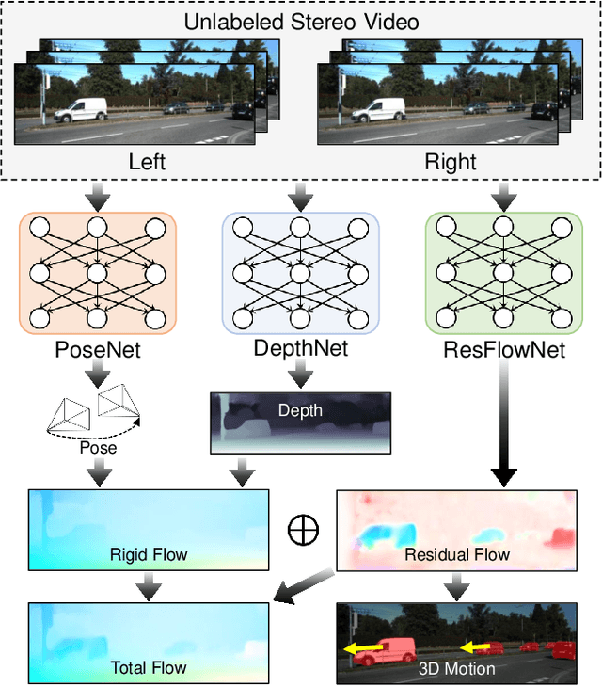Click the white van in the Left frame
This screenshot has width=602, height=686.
point(81,111)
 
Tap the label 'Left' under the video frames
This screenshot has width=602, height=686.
point(147,162)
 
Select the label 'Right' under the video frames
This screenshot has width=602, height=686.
point(451,162)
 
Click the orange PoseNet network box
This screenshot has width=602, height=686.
point(97,274)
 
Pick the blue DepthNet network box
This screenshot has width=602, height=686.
point(300,274)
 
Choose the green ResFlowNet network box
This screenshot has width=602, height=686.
point(503,274)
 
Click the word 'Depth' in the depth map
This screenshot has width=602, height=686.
point(300,411)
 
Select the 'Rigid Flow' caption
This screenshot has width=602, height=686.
point(149,554)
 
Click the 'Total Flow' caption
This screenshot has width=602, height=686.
point(149,668)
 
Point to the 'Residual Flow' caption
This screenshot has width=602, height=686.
point(457,554)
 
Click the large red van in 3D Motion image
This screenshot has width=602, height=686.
point(382,650)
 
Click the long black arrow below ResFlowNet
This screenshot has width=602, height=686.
point(503,423)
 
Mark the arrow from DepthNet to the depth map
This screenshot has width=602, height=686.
point(300,376)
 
